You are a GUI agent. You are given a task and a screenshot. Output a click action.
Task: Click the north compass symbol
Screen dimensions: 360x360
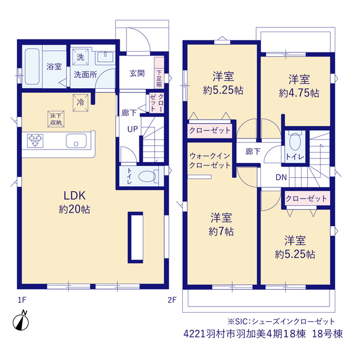pos(21,321)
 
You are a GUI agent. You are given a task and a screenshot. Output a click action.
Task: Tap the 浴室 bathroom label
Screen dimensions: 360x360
pos(54,66)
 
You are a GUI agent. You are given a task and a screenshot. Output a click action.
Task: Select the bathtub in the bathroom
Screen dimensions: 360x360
pos(32,66)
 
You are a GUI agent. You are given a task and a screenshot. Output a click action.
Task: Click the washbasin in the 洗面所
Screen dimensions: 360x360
pos(105,56)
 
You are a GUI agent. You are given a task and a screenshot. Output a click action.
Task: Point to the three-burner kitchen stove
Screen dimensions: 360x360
pos(35,141)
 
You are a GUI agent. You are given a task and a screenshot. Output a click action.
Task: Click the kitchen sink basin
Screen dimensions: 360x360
pos(76,141)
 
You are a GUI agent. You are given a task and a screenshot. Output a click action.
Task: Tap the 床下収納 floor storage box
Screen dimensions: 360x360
pos(56,119)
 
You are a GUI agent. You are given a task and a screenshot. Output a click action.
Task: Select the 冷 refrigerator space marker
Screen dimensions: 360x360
pos(80,102)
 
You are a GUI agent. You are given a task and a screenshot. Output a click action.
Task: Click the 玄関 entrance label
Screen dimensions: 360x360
pos(137,74)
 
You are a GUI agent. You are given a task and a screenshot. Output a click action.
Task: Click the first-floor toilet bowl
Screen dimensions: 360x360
pos(148,176)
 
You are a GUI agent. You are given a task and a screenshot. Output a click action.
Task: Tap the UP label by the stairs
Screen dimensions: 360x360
pos(133,129)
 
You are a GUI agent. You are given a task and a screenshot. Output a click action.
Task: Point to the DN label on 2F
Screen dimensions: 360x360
pos(281,177)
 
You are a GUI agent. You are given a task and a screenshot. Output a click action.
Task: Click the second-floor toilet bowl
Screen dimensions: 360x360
pos(295,142)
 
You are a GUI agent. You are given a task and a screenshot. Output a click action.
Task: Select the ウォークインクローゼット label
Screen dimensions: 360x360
pos(210,160)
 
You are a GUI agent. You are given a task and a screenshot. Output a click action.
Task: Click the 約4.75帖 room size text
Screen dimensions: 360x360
pos(299,93)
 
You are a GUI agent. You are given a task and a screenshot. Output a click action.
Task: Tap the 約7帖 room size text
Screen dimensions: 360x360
pos(221,231)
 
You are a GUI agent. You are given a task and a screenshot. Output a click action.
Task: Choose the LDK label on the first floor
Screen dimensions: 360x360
pos(74,196)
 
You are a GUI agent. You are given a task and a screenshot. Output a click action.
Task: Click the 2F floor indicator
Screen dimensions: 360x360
pos(172,300)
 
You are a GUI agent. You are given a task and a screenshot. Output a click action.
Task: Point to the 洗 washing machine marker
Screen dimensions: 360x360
pos(80,57)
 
